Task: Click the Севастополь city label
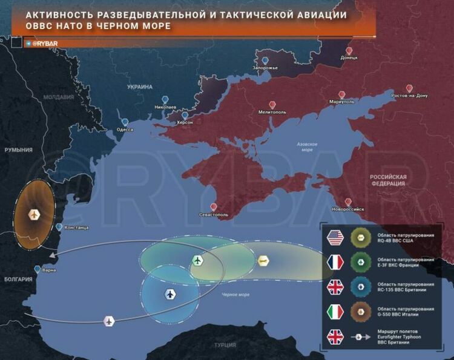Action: click(213, 215)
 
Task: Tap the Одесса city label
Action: click(125, 129)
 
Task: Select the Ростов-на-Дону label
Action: click(409, 96)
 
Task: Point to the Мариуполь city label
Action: click(341, 102)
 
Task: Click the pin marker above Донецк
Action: click(349, 51)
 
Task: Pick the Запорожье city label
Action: click(265, 68)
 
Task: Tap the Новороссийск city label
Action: click(347, 209)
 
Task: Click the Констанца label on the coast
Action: click(76, 227)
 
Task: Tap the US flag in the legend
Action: click(335, 238)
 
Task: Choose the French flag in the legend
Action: click(335, 262)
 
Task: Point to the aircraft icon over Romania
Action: click(34, 214)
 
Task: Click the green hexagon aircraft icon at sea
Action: click(198, 260)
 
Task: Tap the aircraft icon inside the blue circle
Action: click(170, 294)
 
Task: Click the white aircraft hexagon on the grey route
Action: click(109, 321)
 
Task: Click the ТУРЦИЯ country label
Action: click(225, 345)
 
